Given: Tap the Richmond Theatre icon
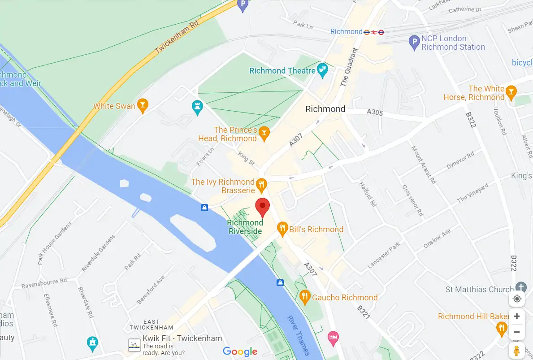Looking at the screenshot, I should [x=322, y=69].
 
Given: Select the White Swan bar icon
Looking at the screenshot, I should [x=143, y=105].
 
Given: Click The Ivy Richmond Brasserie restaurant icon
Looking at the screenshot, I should [x=261, y=184].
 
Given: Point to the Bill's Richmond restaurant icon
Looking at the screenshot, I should [x=282, y=229].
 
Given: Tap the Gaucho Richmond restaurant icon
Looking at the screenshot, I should [x=305, y=296].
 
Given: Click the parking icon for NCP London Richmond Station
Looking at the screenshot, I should [x=414, y=42].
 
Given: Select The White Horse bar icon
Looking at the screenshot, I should [x=511, y=93].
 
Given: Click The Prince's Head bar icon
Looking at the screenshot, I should [x=264, y=132].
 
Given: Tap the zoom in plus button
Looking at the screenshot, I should [x=517, y=316].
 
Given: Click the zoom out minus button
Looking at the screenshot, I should [x=517, y=332].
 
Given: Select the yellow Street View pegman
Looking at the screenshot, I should [x=517, y=351].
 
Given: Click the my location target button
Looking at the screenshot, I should [x=517, y=299].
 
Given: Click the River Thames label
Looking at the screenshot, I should [x=299, y=334].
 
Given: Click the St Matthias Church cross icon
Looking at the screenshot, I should [x=520, y=287].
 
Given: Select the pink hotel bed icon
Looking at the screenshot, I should [x=333, y=337].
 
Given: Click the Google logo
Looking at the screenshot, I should [x=240, y=352].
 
